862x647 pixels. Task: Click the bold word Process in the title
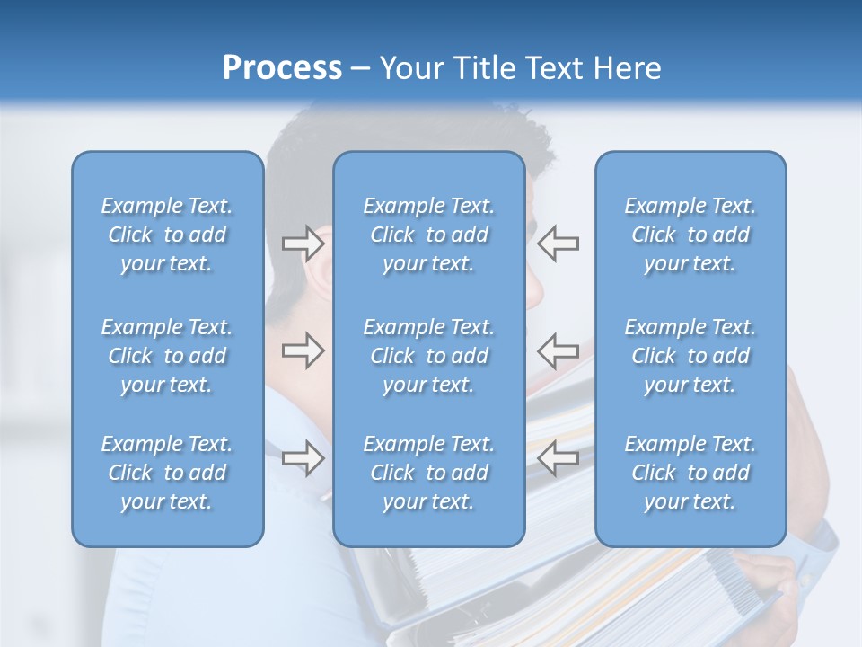(282, 68)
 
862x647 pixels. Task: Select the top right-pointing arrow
(303, 243)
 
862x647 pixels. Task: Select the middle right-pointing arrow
(303, 350)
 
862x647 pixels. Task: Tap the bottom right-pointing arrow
(303, 458)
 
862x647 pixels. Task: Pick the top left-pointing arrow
(558, 243)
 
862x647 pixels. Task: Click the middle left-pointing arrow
(558, 350)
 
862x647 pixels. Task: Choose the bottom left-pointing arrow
(558, 458)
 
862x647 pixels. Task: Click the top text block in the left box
(167, 235)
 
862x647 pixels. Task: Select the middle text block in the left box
(167, 356)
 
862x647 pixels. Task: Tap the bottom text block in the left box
(167, 473)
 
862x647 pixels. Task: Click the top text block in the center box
(428, 235)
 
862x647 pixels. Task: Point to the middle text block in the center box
(428, 356)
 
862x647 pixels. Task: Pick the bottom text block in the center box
(428, 473)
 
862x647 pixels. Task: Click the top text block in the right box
(690, 235)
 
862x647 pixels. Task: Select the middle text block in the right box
(690, 356)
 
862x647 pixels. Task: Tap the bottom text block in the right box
(690, 473)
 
